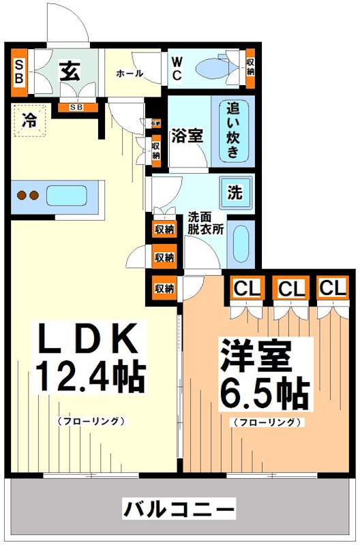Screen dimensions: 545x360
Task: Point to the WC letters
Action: coord(176,69)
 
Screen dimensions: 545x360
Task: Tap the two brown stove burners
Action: coord(28,196)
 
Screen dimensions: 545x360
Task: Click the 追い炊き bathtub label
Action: coord(233,129)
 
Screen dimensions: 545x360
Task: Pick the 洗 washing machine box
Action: coord(235,193)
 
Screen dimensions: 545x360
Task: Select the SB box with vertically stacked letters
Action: coord(18,70)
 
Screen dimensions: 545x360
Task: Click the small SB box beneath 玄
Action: coord(76,108)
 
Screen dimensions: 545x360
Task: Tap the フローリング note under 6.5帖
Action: coord(267,422)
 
